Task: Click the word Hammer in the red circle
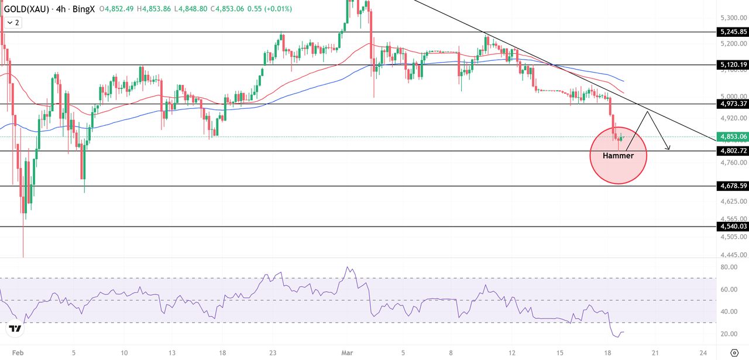coord(618,156)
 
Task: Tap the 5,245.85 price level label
coord(731,32)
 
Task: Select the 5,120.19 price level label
coord(731,64)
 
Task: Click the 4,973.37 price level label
coord(731,104)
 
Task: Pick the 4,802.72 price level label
coord(731,150)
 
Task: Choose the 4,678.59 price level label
coord(731,186)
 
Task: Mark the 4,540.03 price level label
coord(731,227)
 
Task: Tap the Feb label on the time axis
coord(18,353)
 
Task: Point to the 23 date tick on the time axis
coord(273,353)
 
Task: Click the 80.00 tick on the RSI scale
coord(728,268)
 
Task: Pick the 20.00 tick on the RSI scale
coord(728,334)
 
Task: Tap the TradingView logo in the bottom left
coord(15,329)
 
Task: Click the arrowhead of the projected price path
coord(668,148)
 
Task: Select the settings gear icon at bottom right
coord(734,352)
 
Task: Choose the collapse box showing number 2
coord(13,22)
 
